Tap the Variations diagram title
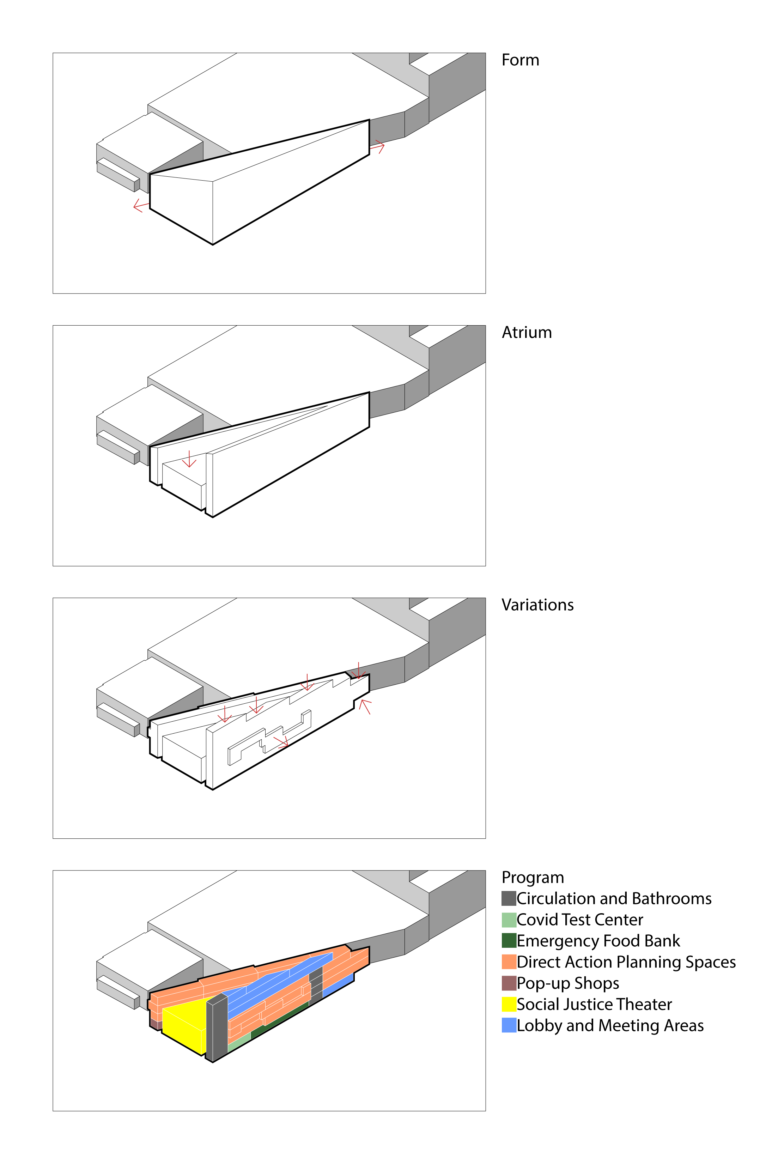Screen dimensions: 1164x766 tap(537, 605)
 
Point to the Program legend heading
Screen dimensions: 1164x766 tap(532, 877)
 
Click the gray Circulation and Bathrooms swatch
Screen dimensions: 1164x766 tap(509, 898)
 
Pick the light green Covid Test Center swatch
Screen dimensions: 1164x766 tap(509, 920)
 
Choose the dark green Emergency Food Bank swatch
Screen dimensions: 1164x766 tap(509, 940)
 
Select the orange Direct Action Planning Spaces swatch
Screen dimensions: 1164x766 tap(509, 962)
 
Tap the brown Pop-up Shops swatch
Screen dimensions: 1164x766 tap(509, 983)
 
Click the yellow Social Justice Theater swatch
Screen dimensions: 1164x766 tap(509, 1004)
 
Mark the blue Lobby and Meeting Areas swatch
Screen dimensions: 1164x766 tap(509, 1025)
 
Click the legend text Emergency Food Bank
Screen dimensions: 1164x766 tap(598, 940)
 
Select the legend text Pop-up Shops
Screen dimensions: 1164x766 tap(568, 983)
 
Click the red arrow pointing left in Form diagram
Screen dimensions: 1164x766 tap(140, 205)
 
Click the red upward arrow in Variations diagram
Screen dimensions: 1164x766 tap(365, 706)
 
